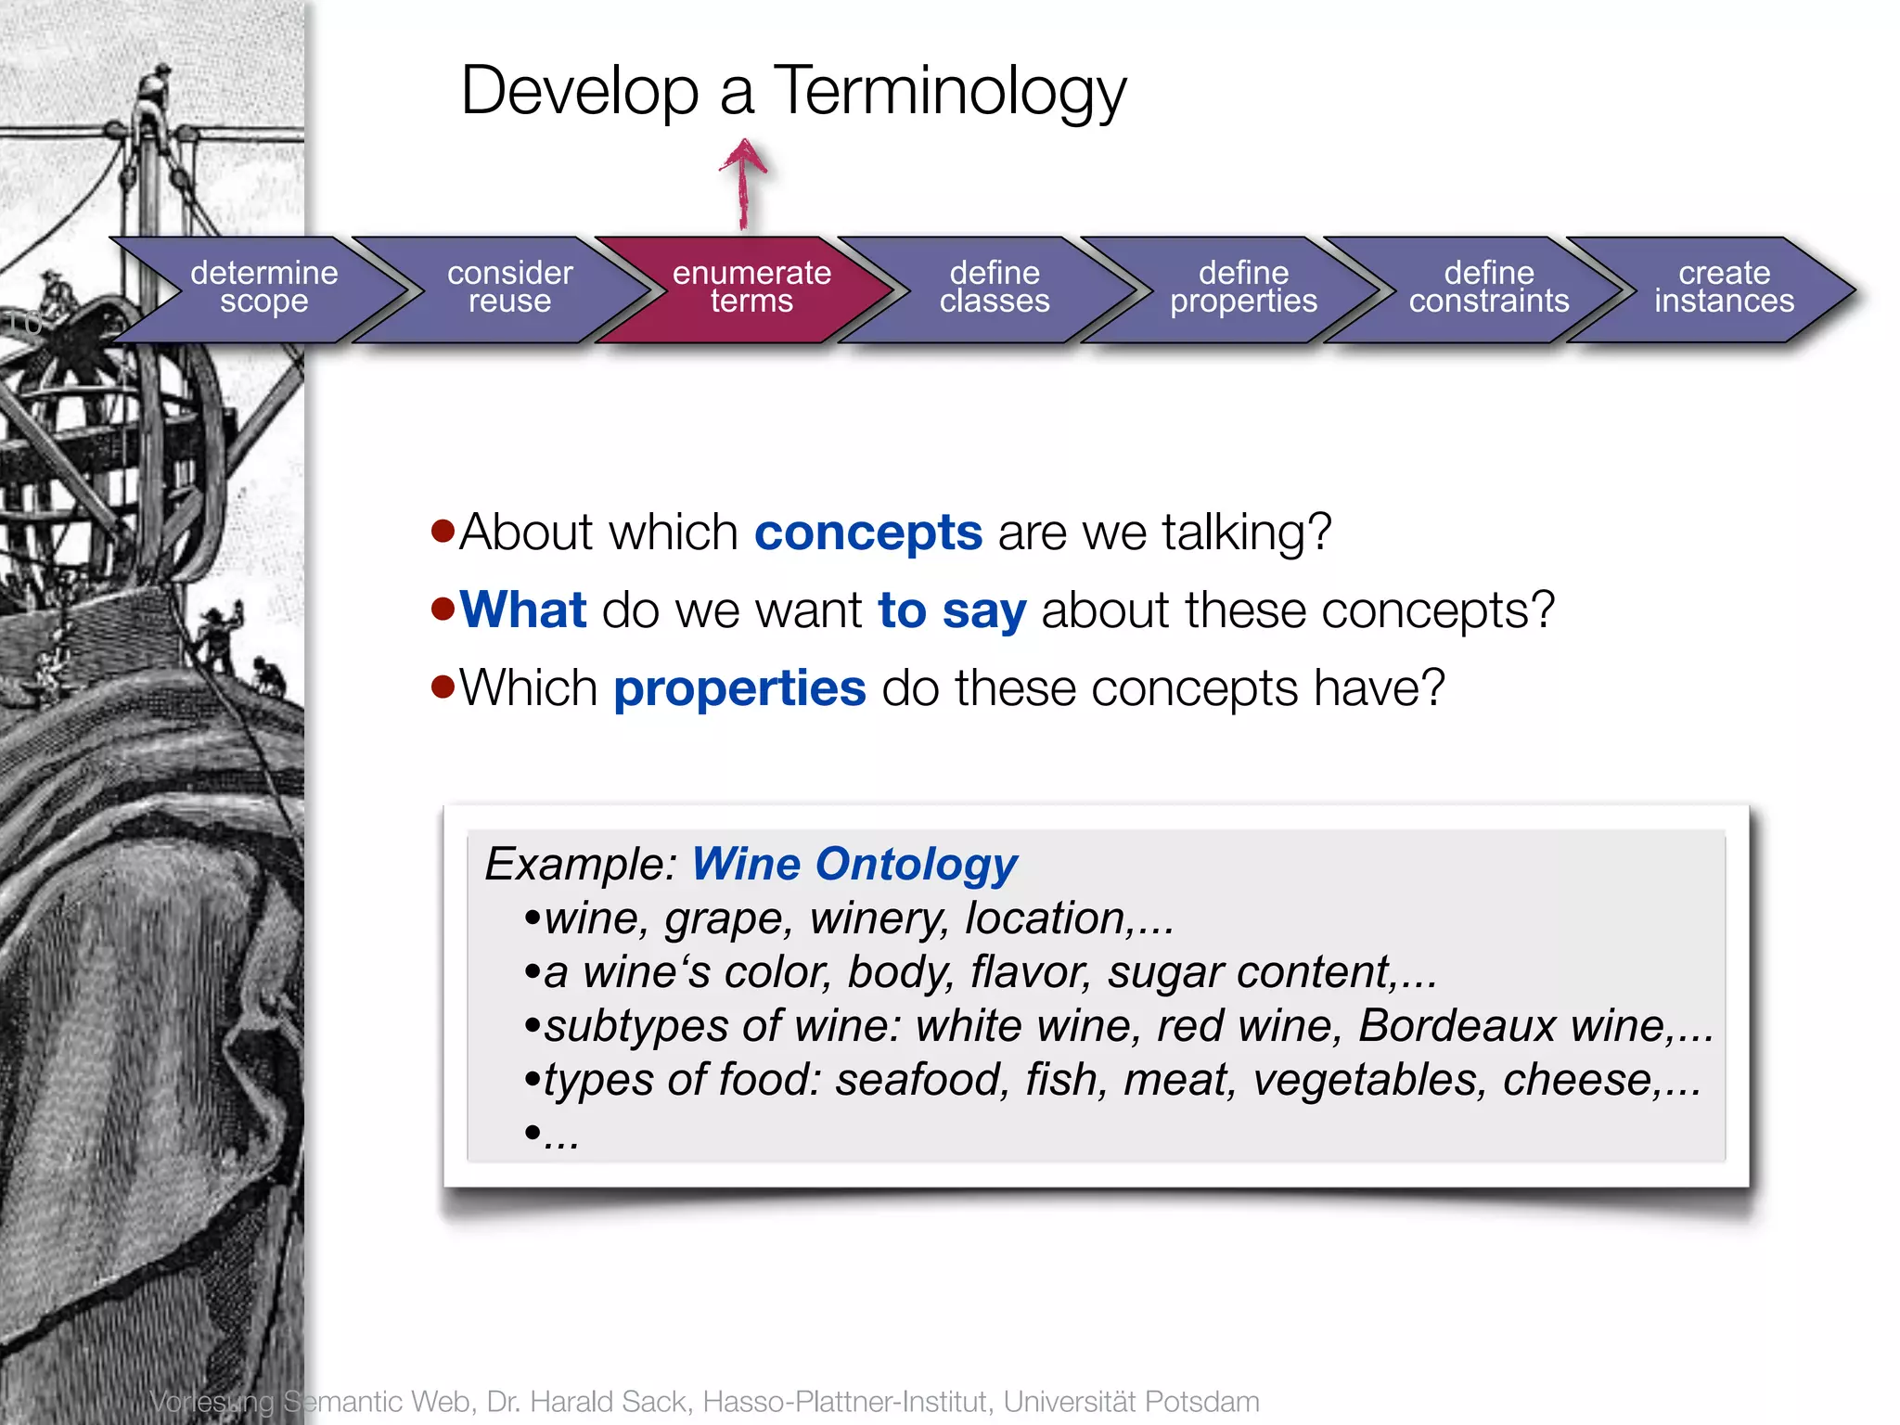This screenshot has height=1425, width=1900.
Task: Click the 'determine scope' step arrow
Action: coord(263,288)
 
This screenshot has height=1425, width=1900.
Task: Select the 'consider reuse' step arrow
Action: coord(509,288)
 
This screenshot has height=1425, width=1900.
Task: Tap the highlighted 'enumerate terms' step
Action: coord(751,288)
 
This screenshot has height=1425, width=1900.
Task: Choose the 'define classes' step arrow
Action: coord(995,288)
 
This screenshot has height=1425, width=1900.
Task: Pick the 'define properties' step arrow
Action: coord(1243,288)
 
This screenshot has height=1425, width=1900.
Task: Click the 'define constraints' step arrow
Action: coord(1488,288)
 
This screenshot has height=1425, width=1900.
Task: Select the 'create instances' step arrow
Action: coord(1724,288)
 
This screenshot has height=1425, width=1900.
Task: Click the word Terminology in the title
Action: coord(949,92)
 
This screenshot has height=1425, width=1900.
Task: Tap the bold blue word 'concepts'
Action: coord(868,533)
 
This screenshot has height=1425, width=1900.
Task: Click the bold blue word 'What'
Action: coord(523,610)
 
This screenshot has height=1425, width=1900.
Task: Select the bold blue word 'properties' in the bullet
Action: coord(739,689)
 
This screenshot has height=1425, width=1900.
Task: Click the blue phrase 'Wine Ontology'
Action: coord(854,865)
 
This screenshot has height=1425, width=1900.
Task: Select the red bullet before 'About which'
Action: coord(443,532)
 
